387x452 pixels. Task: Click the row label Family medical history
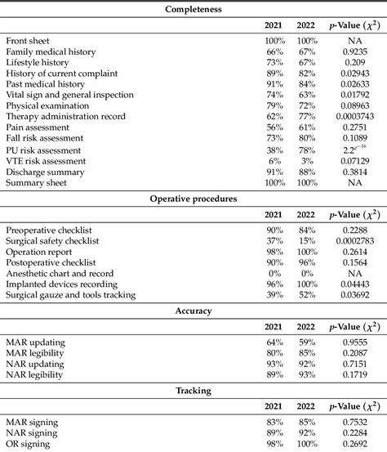point(51,51)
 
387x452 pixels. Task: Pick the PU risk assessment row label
point(44,150)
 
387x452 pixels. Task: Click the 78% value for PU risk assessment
point(307,150)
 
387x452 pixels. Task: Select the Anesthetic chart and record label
point(62,273)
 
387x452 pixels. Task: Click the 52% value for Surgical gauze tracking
point(307,295)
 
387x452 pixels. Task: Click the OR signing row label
point(29,444)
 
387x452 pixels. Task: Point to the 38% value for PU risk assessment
point(274,150)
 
